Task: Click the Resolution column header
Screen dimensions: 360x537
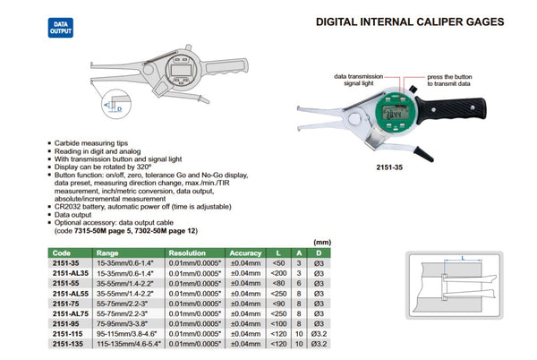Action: [187, 253]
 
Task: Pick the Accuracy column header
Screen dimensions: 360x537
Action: [244, 253]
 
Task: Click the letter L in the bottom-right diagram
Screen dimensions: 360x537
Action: [462, 259]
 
